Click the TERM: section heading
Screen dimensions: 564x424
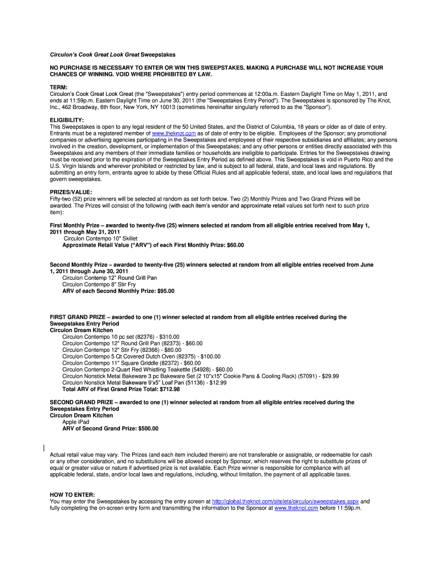(58, 87)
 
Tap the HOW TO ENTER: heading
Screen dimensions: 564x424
(72, 495)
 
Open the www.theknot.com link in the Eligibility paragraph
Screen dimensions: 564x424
(173, 133)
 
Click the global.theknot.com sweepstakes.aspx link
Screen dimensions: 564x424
(285, 502)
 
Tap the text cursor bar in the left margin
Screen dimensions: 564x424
(44, 447)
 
